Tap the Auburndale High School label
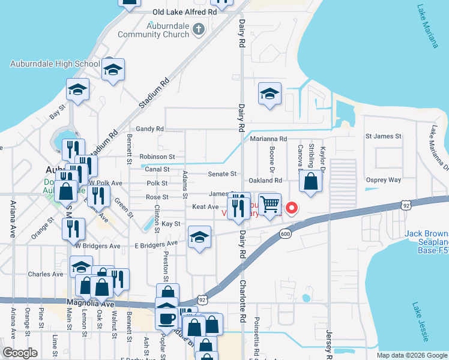[55, 64]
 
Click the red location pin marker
[292, 208]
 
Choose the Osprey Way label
[383, 180]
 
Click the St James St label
[383, 137]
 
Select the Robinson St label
[157, 157]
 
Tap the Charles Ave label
[46, 274]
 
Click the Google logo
[20, 353]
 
